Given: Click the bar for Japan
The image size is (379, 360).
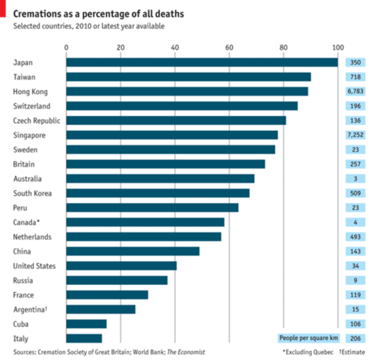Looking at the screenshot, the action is click(x=202, y=62).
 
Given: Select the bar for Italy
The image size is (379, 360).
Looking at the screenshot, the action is click(x=84, y=339).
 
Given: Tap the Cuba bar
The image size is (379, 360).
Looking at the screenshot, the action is click(x=86, y=324).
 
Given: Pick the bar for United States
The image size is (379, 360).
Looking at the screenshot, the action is click(x=121, y=266).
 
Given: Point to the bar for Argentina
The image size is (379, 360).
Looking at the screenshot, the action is click(x=101, y=309).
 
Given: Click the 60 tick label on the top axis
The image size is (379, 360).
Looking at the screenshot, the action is click(x=229, y=48).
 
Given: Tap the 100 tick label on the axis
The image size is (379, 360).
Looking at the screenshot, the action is click(x=338, y=48).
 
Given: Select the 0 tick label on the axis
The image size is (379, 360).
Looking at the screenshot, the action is click(x=66, y=48).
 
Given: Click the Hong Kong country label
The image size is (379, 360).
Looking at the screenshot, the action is click(x=30, y=92).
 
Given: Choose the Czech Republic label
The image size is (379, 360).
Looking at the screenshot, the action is click(x=36, y=121).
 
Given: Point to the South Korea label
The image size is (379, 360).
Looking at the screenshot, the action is click(x=33, y=193).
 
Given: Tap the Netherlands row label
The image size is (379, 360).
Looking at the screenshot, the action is click(x=32, y=237).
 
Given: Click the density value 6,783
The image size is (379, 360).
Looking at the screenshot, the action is click(x=356, y=91).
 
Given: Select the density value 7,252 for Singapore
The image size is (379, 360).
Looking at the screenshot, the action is click(x=356, y=135).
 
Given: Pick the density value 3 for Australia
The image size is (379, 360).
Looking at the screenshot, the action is click(x=356, y=179).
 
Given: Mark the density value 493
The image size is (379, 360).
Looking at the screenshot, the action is click(x=356, y=237).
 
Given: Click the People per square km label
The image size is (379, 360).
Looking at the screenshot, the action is click(x=309, y=338).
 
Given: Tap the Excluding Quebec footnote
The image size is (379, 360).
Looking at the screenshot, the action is click(x=308, y=352).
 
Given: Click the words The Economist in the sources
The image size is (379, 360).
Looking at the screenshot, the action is click(x=186, y=352).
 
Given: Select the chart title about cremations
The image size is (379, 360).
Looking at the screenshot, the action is click(x=99, y=14).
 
